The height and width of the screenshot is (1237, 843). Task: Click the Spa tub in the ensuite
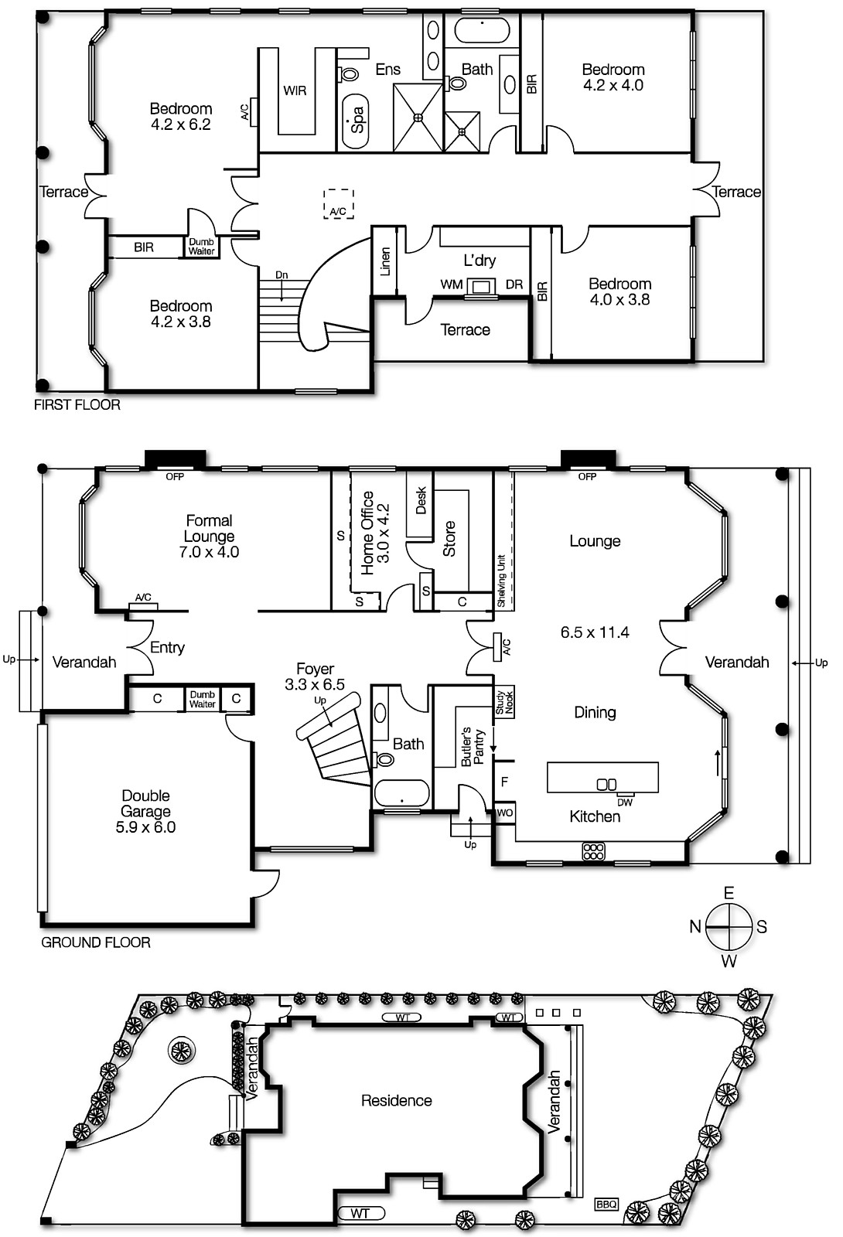[356, 121]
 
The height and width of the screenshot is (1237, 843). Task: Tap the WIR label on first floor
[295, 90]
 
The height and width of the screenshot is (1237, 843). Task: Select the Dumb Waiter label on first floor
[202, 247]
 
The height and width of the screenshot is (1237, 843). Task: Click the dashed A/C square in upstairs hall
[338, 204]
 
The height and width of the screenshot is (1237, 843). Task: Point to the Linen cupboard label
[385, 261]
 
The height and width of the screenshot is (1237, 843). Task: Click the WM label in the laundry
[452, 285]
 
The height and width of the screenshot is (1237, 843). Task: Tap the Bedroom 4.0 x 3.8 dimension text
[619, 300]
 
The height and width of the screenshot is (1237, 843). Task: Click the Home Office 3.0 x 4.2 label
[375, 533]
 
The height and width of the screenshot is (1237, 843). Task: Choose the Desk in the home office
[421, 501]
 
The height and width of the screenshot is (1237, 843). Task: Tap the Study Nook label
[504, 702]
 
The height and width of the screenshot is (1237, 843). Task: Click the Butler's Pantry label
[472, 747]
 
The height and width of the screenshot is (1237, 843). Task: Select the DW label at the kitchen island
[625, 803]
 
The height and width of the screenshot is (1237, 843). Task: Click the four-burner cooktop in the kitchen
[593, 851]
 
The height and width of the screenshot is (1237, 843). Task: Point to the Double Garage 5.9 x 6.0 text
[145, 812]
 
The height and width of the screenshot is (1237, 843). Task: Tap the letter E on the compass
[729, 894]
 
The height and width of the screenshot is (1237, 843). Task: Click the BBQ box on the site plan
[606, 1204]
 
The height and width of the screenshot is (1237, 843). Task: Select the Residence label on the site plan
[396, 1100]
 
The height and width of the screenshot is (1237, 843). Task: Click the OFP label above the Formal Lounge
[175, 477]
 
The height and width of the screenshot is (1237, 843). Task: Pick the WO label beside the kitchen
[504, 813]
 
